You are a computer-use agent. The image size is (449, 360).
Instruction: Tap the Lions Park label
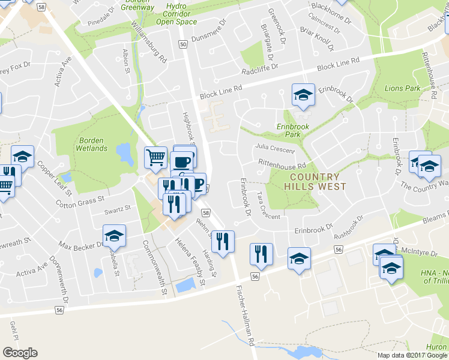point(402,88)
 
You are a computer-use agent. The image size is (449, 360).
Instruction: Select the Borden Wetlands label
point(92,144)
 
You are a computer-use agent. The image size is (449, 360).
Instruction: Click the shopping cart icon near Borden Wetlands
point(155,157)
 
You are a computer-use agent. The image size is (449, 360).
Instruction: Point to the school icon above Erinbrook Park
point(303,95)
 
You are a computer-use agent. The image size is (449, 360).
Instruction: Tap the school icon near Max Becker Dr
point(114,236)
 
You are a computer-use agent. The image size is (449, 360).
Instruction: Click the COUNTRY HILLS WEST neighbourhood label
point(318,181)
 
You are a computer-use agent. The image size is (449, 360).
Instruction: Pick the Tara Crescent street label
point(268,206)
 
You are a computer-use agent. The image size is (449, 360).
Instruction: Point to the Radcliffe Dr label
point(259,70)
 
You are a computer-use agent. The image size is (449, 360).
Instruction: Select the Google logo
point(20,353)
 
